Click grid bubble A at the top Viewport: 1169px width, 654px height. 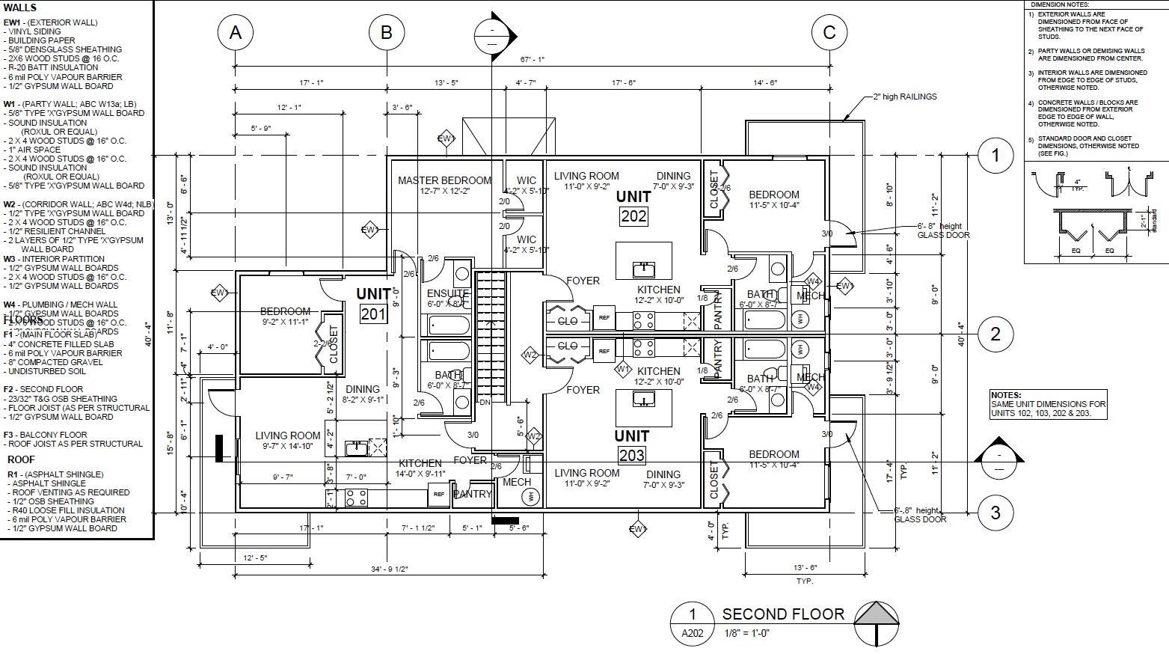coord(236,33)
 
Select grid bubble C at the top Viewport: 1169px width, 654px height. coord(829,33)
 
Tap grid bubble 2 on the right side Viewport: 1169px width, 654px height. coord(995,334)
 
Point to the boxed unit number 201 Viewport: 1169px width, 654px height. coord(373,314)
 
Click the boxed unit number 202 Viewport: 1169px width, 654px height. coord(633,216)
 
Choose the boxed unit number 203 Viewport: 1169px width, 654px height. coord(632,455)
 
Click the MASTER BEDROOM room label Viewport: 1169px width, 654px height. coord(444,180)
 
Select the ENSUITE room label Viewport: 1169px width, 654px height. coord(447,294)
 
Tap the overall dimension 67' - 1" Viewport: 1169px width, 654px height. coord(533,59)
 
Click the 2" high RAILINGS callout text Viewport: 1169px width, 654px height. coord(905,97)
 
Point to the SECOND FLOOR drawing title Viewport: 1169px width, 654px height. coord(782,614)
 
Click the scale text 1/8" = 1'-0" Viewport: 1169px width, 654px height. coord(747,633)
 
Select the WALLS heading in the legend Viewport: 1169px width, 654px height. coord(20,8)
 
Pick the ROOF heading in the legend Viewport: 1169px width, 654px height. coord(21,459)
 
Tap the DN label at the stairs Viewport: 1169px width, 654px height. coord(485,403)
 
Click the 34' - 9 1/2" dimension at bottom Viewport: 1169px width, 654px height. coord(389,569)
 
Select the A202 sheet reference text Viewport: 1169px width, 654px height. coord(692,634)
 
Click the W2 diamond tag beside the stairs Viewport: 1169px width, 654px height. coord(530,355)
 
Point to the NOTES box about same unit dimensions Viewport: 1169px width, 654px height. coord(1047,404)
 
